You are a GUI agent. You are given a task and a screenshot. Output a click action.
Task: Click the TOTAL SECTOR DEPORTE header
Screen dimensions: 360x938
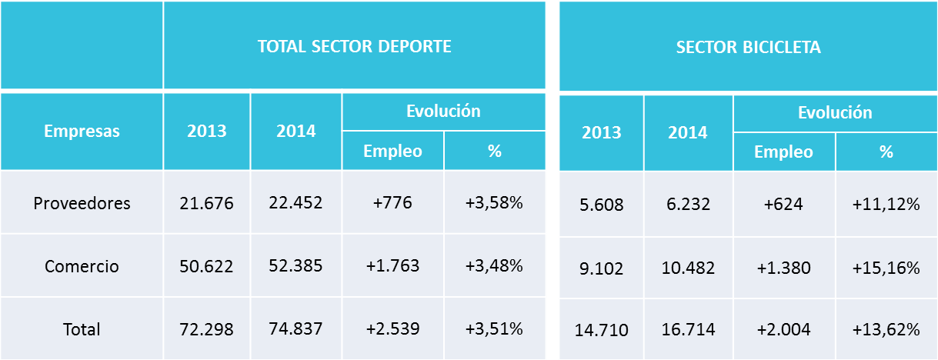[354, 46]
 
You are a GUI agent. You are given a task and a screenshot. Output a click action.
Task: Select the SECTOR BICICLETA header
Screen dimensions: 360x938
[748, 48]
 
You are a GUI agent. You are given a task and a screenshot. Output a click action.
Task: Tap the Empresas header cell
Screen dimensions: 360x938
[82, 132]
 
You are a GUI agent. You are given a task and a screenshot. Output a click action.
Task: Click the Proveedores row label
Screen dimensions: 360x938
[82, 204]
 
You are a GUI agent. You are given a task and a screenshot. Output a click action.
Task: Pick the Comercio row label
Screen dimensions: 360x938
[82, 267]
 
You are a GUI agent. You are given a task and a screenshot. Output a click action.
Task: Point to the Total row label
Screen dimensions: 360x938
[82, 329]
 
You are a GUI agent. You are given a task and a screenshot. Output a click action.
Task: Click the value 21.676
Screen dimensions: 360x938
[206, 204]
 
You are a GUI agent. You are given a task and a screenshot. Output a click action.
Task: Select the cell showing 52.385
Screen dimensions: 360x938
[295, 267]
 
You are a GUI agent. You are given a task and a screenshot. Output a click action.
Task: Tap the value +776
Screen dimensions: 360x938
[392, 204]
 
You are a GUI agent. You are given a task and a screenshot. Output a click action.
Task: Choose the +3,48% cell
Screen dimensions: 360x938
[494, 267]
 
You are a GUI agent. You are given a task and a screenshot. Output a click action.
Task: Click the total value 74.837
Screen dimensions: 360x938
[295, 329]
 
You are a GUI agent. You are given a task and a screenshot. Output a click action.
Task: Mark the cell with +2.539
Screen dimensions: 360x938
[392, 329]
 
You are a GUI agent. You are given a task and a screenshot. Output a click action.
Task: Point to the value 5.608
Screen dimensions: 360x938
[601, 205]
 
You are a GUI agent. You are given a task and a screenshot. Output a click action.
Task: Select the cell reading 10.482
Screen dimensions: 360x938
[688, 268]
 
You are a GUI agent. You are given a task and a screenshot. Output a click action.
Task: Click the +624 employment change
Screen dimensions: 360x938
[783, 205]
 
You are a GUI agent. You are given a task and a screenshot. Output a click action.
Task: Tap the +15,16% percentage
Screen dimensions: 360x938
[886, 268]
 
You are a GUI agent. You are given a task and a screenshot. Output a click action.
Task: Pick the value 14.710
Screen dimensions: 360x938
[601, 331]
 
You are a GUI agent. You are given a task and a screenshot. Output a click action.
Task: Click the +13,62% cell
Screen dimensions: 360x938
[886, 331]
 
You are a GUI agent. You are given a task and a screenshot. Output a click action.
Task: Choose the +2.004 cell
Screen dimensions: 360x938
[783, 331]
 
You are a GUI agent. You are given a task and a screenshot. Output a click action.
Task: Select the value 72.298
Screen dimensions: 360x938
[206, 329]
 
